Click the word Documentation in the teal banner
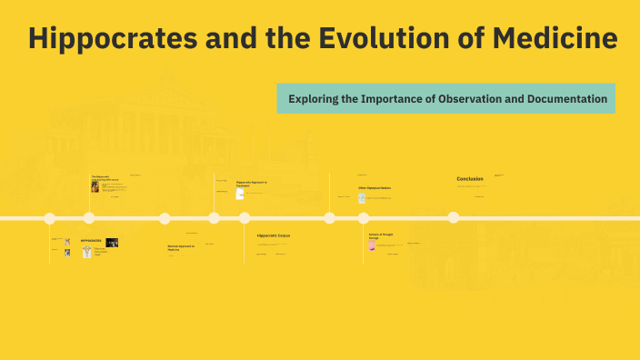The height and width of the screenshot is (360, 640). point(558,98)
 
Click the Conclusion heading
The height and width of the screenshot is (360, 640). point(470,179)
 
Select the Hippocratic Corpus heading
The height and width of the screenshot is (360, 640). point(274,235)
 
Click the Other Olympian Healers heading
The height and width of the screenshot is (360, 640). point(374,188)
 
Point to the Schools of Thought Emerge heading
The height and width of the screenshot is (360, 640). point(381,235)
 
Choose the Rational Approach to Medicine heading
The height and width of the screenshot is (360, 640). point(180,247)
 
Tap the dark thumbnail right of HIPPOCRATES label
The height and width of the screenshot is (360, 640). point(112,243)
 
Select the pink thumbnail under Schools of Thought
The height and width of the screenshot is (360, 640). point(372,245)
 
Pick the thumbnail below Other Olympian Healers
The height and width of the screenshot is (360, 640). point(362,197)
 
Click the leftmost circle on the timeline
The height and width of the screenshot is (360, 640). point(50,218)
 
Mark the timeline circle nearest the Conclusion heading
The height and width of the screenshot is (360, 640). point(454,217)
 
